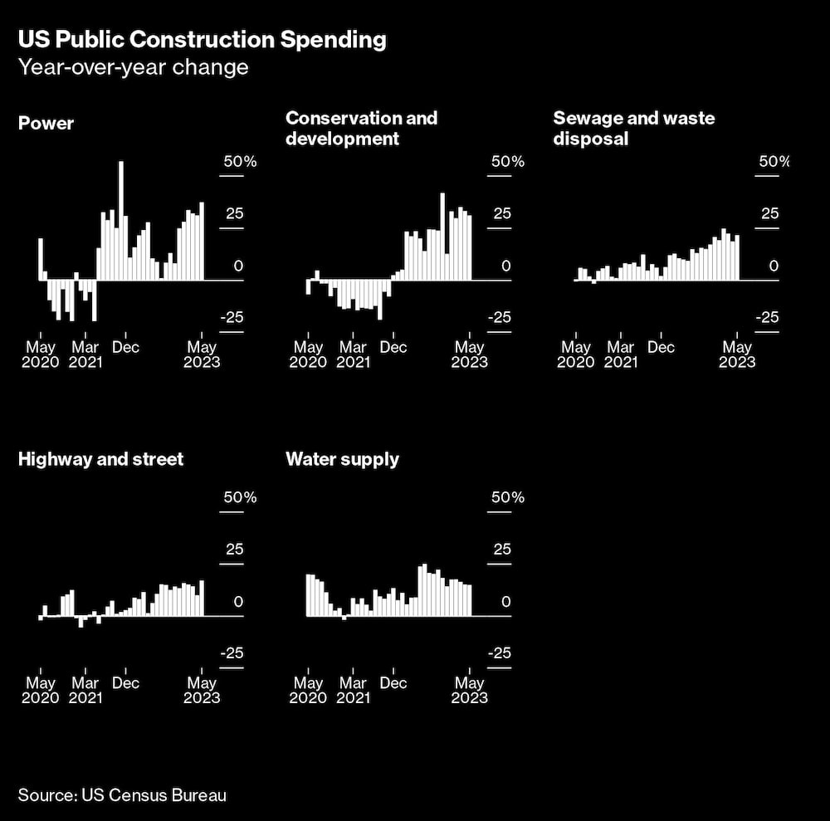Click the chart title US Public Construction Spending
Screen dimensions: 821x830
[x=202, y=40]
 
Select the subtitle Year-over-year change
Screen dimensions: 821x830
[x=134, y=67]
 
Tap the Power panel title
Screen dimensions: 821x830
[x=46, y=124]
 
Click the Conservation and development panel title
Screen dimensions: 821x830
[x=361, y=128]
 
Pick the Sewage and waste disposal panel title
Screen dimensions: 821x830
[x=633, y=128]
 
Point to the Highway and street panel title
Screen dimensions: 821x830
[x=100, y=459]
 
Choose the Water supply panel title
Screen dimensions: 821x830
[x=342, y=459]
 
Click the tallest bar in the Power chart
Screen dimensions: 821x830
[x=121, y=220]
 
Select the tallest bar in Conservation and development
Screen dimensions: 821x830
[x=442, y=237]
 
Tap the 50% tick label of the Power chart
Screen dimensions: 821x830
[x=239, y=162]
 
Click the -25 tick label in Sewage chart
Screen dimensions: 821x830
[x=768, y=317]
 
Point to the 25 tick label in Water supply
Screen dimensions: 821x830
[x=502, y=550]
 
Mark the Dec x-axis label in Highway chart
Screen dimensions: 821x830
[x=125, y=683]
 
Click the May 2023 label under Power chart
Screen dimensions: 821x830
[x=201, y=354]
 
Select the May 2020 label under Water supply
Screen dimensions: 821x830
[x=308, y=691]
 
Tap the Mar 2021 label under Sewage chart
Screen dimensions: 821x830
[x=620, y=354]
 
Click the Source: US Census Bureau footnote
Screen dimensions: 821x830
[x=122, y=795]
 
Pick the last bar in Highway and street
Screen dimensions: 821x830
[x=202, y=598]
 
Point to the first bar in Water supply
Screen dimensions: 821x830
[x=308, y=595]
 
